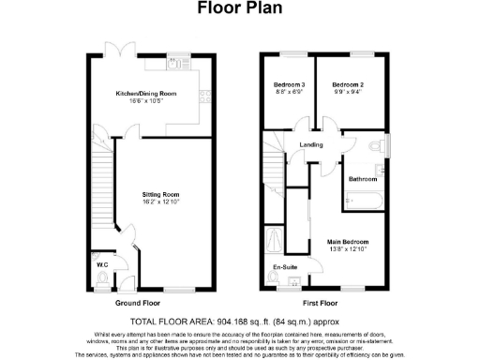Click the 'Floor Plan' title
tap(240, 9)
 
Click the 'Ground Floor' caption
tap(135, 304)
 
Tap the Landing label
tap(311, 145)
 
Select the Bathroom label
tap(363, 178)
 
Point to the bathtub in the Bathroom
tap(361, 199)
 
